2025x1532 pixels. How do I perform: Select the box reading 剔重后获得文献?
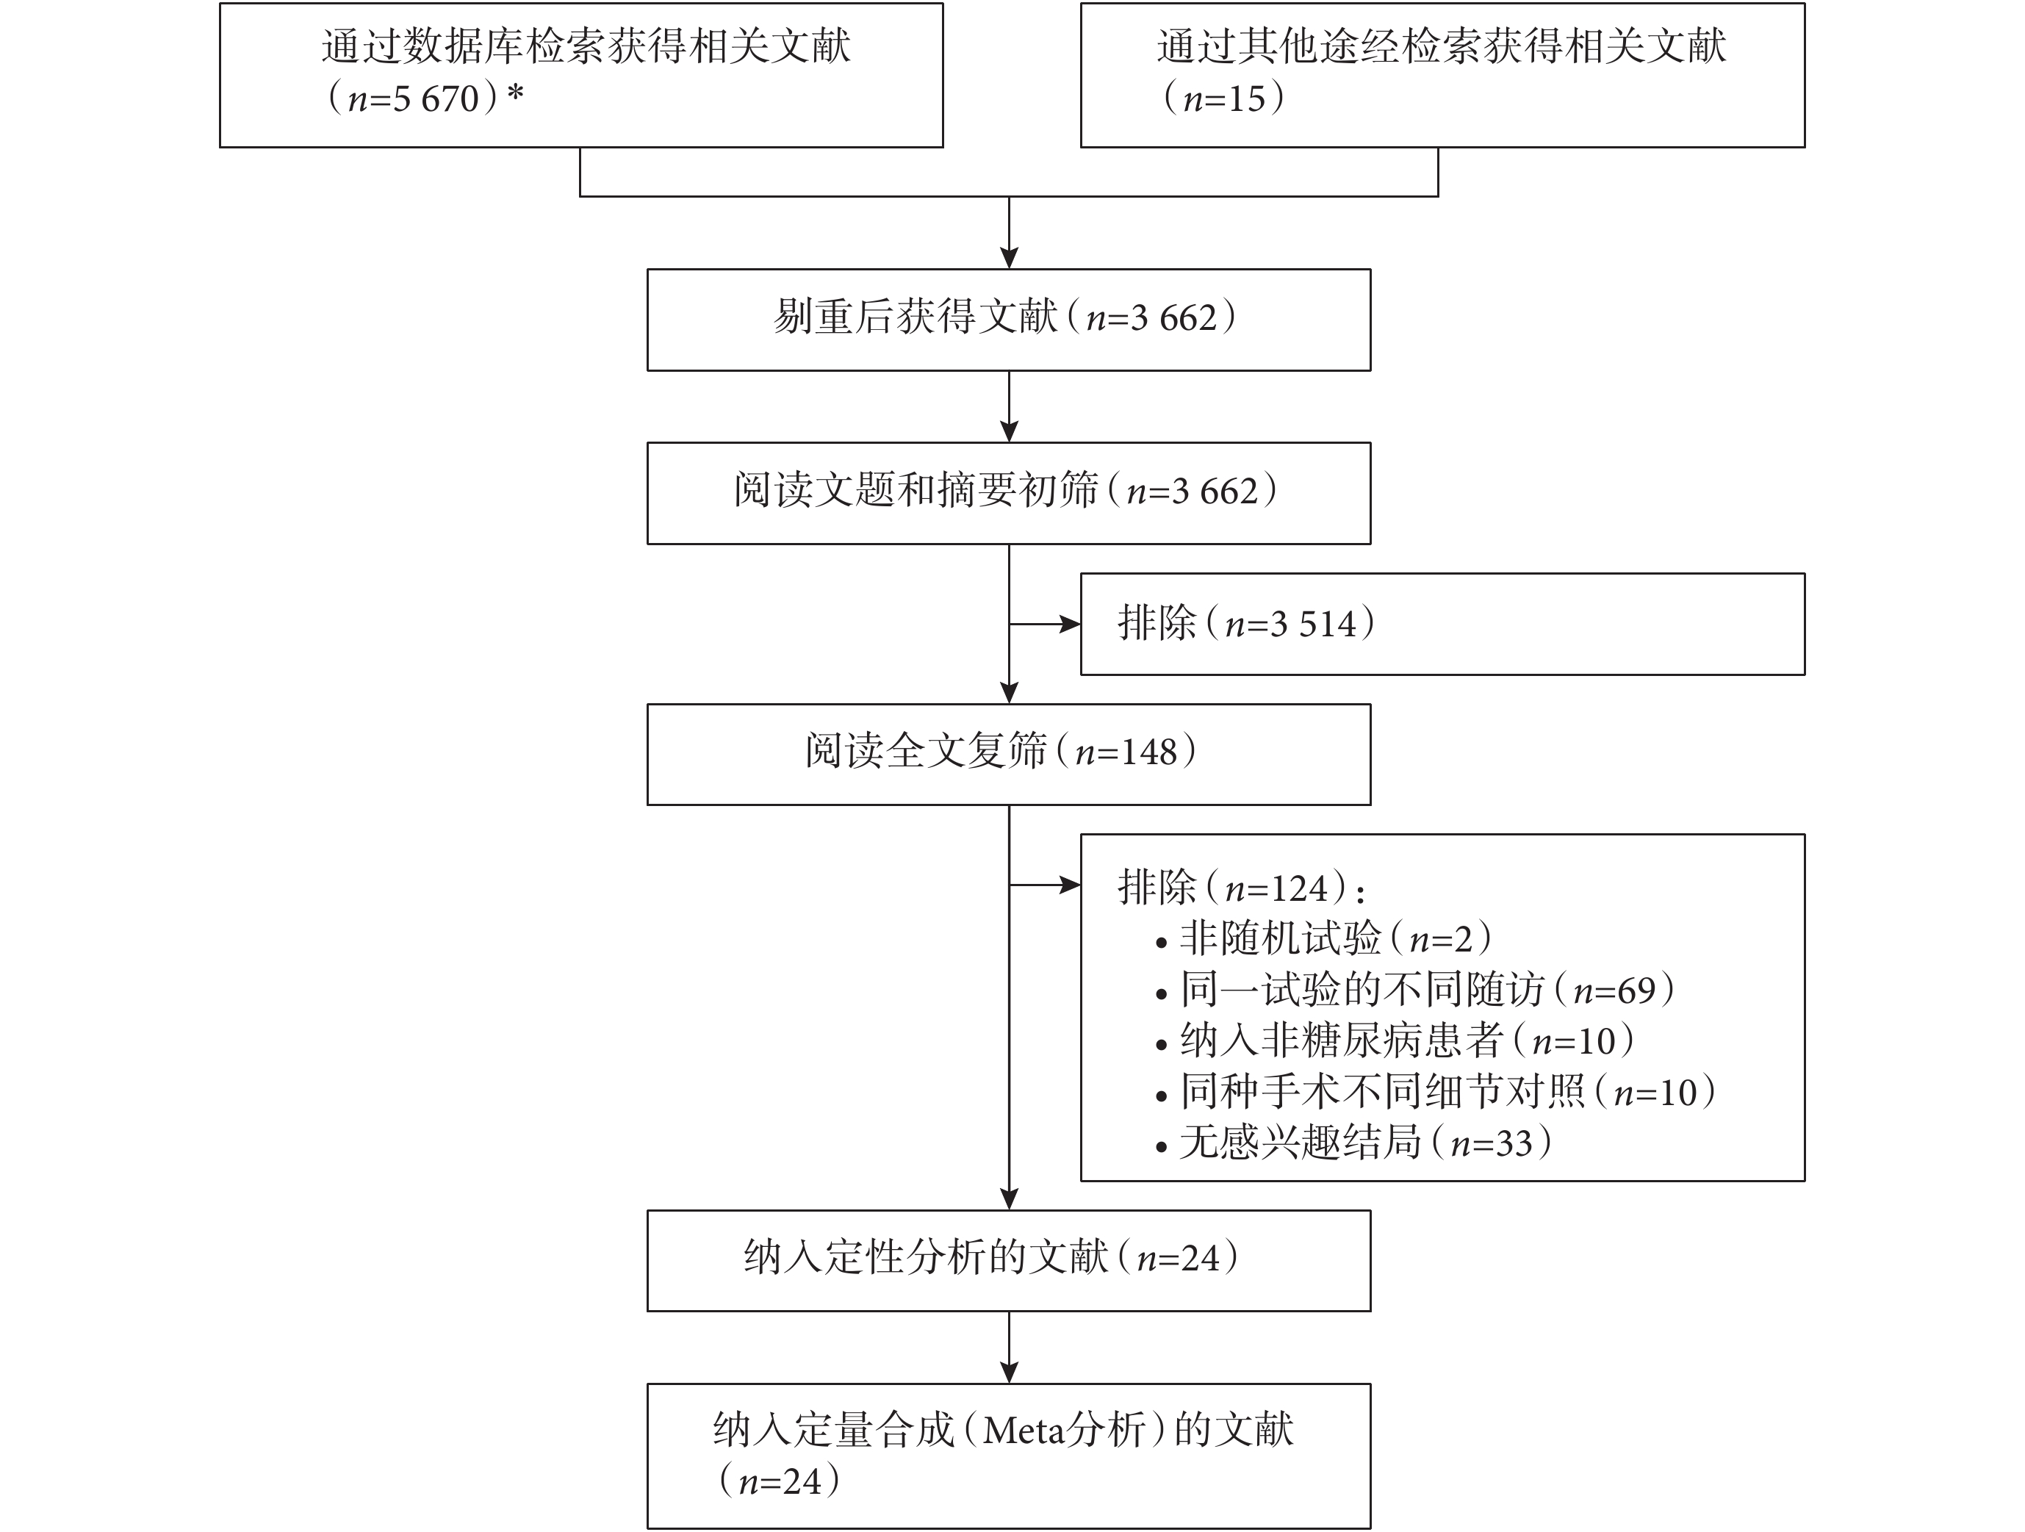click(x=1009, y=320)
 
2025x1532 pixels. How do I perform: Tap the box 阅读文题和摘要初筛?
click(x=1009, y=494)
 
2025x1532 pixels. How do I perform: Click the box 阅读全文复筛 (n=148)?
click(x=1009, y=755)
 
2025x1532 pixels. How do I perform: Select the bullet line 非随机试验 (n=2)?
click(x=1324, y=938)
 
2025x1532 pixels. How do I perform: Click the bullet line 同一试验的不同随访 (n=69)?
click(x=1415, y=990)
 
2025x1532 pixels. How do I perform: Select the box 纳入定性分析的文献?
click(x=1009, y=1261)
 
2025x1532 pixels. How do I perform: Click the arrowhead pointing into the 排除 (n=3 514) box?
click(x=1070, y=625)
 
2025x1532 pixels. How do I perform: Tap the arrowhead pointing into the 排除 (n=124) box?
click(x=1070, y=885)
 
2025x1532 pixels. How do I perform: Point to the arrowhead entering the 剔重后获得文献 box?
click(x=1009, y=257)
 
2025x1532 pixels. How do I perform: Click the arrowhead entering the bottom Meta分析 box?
click(x=1009, y=1372)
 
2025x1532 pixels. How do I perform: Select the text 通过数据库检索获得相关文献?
click(x=586, y=46)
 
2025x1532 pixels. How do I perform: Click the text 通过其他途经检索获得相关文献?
click(x=1441, y=46)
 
